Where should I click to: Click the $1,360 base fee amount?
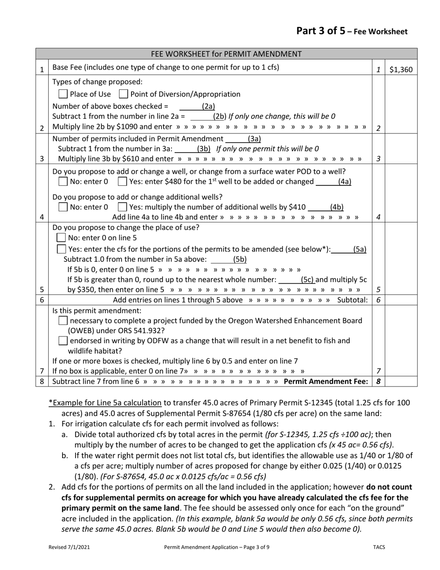coord(401,70)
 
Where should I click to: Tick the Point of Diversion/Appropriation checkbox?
coord(123,94)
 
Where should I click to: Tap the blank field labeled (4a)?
coord(327,181)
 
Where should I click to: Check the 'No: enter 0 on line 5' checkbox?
coord(61,238)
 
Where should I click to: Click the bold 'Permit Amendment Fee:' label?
coord(326,381)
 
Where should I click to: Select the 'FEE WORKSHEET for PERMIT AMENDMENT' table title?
coord(226,54)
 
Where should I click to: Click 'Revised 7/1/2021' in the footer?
coord(69,547)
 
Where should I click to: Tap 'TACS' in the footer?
coord(379,547)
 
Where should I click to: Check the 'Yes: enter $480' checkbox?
coord(122,181)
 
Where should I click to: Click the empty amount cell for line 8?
coord(401,381)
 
